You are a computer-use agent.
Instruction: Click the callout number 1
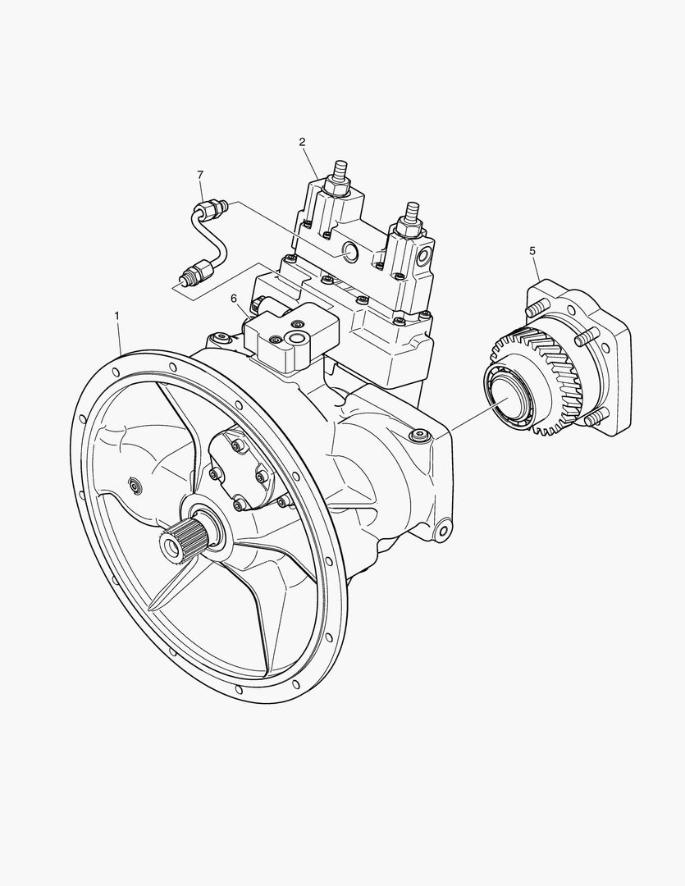117,315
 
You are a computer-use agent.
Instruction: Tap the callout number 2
303,142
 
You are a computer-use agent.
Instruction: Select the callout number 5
532,250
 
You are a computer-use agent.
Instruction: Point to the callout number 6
234,298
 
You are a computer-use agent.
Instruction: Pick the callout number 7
200,176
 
